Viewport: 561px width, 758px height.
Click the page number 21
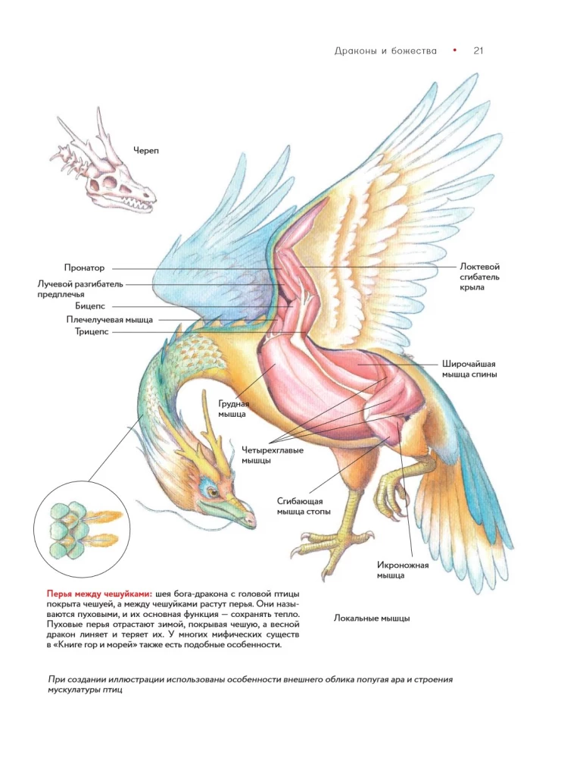click(478, 51)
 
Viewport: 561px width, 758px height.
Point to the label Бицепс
click(90, 306)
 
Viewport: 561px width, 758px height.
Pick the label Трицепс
click(91, 331)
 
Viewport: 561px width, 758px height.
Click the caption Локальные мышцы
click(372, 618)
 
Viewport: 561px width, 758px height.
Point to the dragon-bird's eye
click(213, 493)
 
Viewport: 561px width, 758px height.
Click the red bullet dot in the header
click(454, 50)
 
